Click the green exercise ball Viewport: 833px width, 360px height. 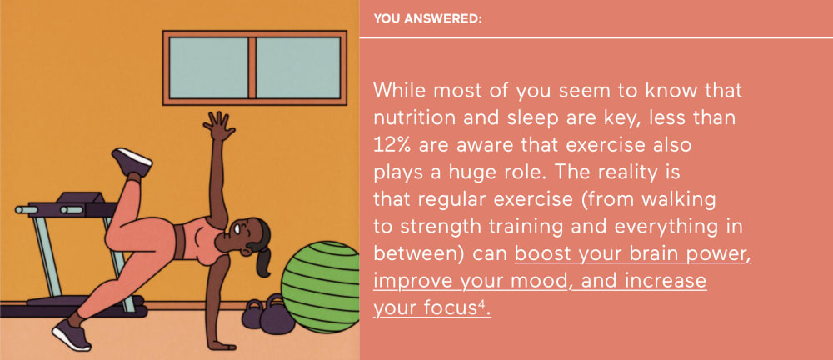click(x=321, y=287)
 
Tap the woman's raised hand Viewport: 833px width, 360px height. click(x=219, y=126)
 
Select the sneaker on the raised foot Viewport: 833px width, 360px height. click(x=132, y=162)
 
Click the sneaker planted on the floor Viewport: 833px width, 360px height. click(x=72, y=334)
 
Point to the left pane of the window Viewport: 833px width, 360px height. click(x=209, y=67)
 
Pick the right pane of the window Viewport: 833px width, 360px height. click(x=298, y=67)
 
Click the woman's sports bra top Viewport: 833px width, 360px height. click(x=202, y=239)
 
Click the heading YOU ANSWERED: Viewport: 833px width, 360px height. click(x=427, y=19)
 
